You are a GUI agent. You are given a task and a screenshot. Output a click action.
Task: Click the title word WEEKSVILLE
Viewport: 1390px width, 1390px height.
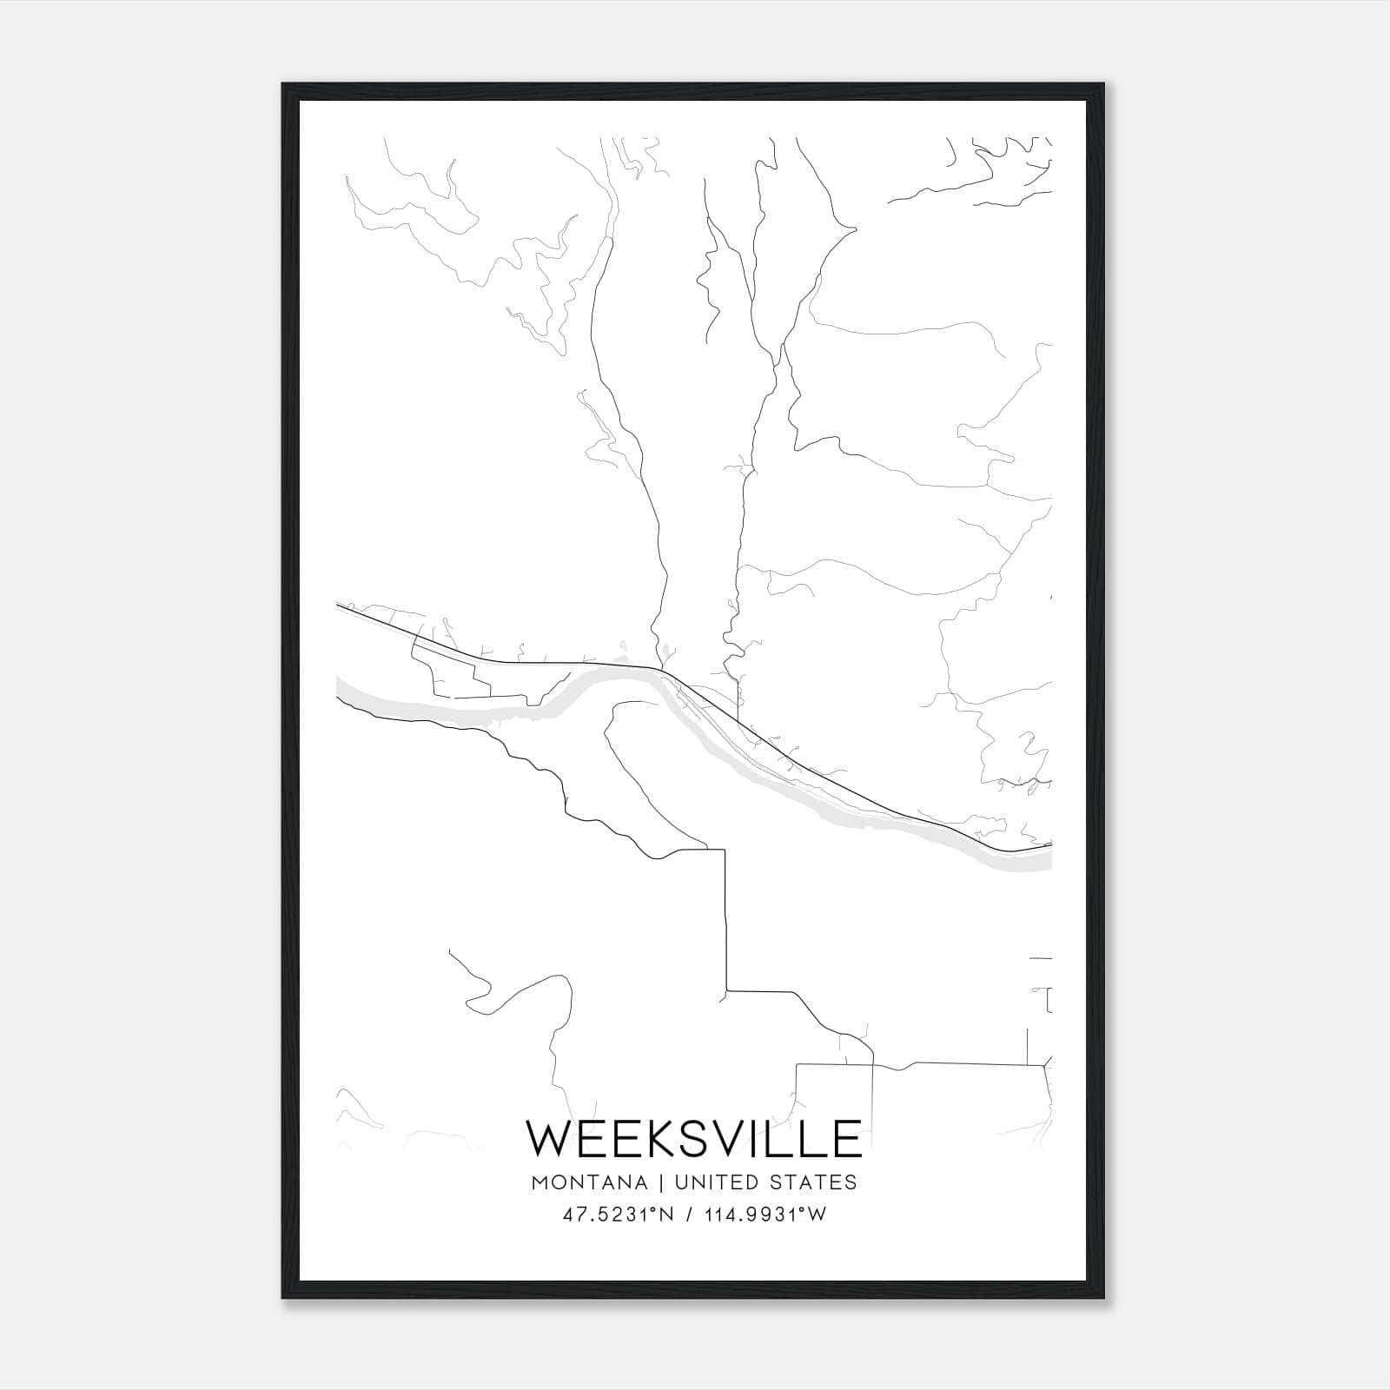(x=694, y=1139)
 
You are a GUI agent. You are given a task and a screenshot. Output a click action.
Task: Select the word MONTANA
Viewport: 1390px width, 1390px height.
(x=592, y=1183)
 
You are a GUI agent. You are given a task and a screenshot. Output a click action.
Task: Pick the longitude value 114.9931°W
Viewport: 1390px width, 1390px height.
(x=765, y=1215)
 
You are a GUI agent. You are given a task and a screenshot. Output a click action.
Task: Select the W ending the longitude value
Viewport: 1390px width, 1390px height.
(x=817, y=1215)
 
